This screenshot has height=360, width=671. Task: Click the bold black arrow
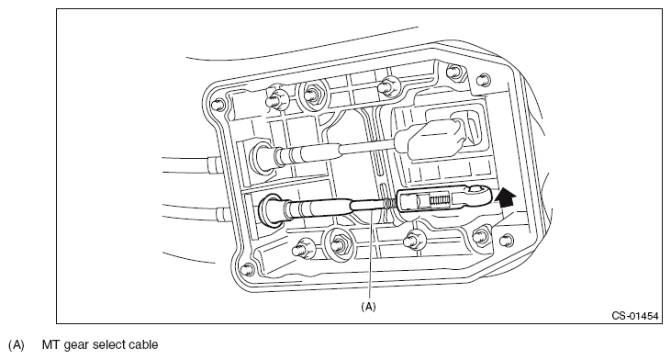pyautogui.click(x=505, y=197)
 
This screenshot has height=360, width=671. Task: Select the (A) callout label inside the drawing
pyautogui.click(x=368, y=307)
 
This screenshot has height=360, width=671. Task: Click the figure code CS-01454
pyautogui.click(x=634, y=316)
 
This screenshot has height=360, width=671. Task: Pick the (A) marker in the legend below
pyautogui.click(x=17, y=344)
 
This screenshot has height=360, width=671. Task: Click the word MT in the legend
pyautogui.click(x=50, y=344)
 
